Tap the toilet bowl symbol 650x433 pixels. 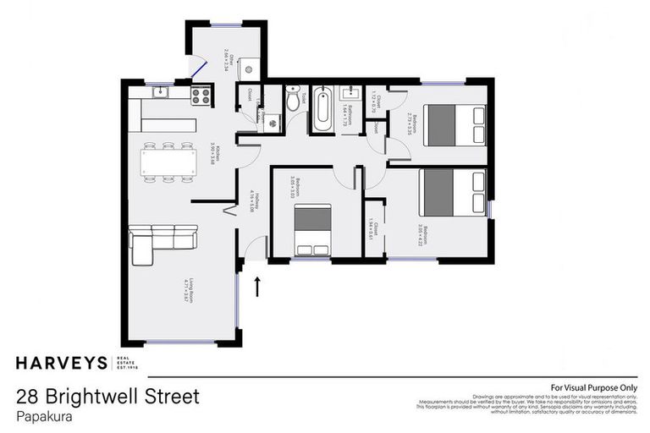pyautogui.click(x=293, y=101)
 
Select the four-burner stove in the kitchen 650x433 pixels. pyautogui.click(x=201, y=96)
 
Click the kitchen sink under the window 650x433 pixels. pyautogui.click(x=161, y=94)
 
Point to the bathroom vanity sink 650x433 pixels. pyautogui.click(x=349, y=94)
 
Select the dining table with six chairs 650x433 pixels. pyautogui.click(x=168, y=162)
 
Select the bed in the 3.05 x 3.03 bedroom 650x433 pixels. pyautogui.click(x=312, y=230)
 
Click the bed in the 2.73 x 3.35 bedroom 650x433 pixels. pyautogui.click(x=454, y=124)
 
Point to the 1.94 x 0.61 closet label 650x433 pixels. pyautogui.click(x=372, y=228)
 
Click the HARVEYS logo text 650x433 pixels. pyautogui.click(x=62, y=364)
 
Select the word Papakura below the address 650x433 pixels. pyautogui.click(x=44, y=415)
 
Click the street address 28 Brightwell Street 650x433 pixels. pyautogui.click(x=107, y=396)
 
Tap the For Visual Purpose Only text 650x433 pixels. pyautogui.click(x=593, y=387)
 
